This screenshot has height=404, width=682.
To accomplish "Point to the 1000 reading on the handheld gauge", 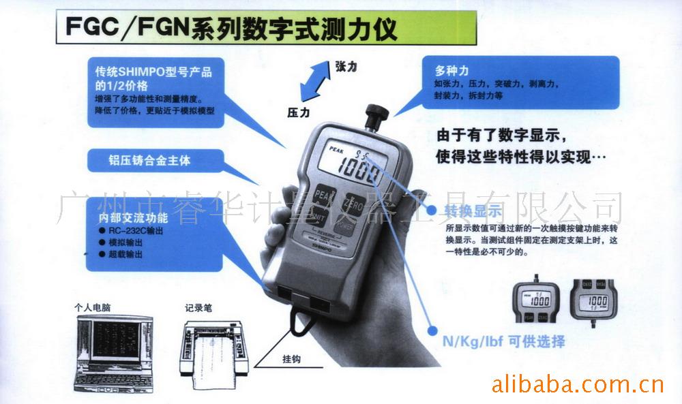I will coord(359,169).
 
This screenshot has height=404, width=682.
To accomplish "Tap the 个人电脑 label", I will coord(93,308).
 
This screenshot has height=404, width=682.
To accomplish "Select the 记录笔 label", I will coord(198,308).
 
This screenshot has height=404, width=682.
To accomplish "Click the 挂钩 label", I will coord(291,358).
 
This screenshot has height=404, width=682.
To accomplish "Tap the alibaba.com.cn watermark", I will coord(577,385).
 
